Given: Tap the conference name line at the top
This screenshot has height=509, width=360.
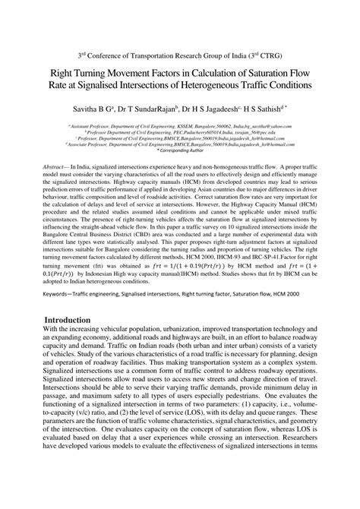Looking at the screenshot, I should (180, 54).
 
